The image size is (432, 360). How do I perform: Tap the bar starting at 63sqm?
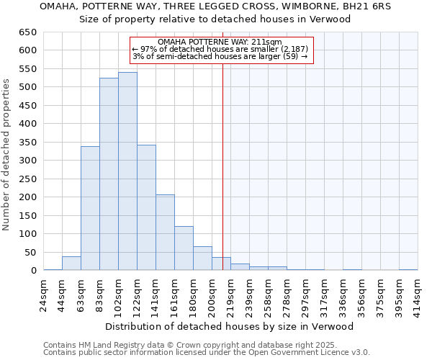point(90,208)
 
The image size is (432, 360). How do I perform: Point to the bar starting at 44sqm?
point(71,264)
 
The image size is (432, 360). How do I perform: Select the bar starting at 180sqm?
point(202,258)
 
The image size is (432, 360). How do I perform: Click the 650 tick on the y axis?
point(28,32)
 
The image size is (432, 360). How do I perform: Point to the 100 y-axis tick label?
point(28,234)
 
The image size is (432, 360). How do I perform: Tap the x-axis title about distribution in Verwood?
point(235,326)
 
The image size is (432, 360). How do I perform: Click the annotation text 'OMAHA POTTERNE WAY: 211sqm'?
point(220,42)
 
